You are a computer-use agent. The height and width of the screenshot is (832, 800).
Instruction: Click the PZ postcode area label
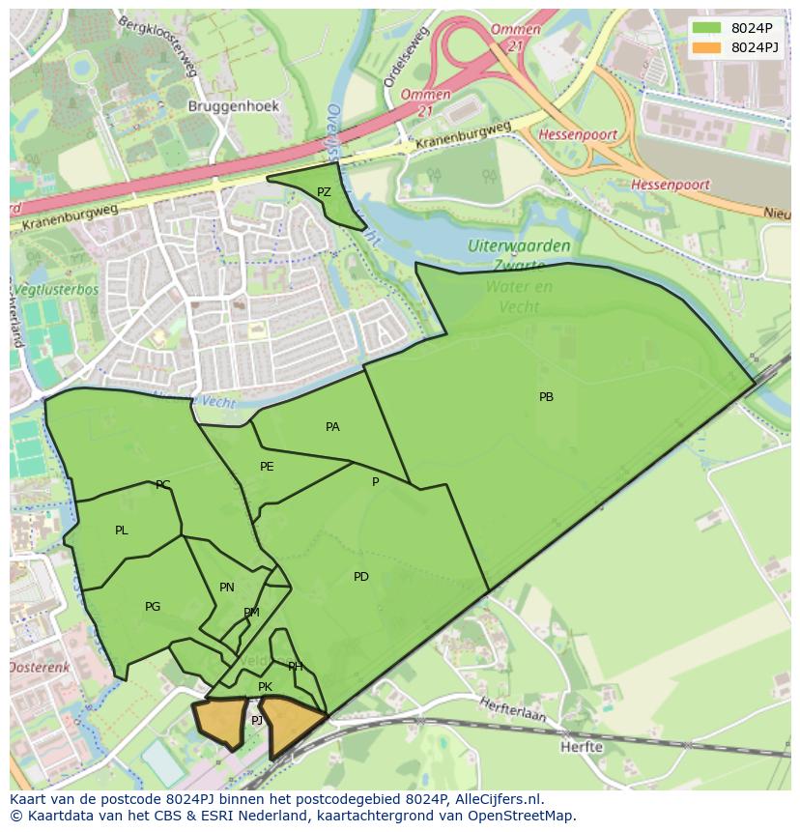pos(324,192)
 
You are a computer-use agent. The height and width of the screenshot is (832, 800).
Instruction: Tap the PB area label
pos(546,397)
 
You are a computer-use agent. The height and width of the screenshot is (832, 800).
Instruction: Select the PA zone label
pos(332,427)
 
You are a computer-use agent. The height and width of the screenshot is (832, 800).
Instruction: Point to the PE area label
pos(267,467)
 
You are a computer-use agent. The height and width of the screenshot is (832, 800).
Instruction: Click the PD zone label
pos(360,577)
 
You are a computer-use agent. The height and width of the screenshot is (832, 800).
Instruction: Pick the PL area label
pos(121,531)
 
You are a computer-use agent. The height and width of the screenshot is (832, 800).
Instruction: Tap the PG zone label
pos(153,607)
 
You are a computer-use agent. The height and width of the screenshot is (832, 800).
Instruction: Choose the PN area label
pos(227,588)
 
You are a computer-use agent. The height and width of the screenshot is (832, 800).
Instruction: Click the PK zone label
pos(265,687)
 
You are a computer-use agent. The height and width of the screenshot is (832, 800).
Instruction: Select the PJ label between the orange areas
pos(257,721)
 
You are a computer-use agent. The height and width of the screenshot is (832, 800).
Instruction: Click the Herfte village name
pos(581,747)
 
